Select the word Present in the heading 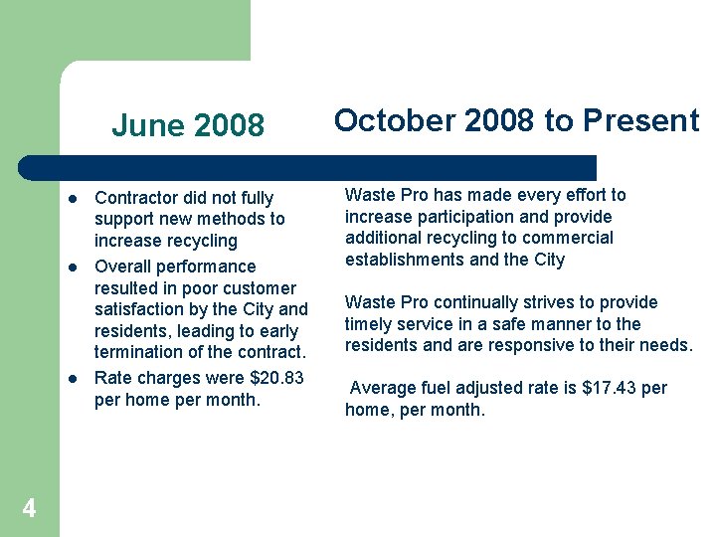coord(640,120)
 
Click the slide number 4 coord(29,509)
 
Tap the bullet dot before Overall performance coord(73,267)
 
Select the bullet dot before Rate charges coord(73,378)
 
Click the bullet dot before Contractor coord(73,197)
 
